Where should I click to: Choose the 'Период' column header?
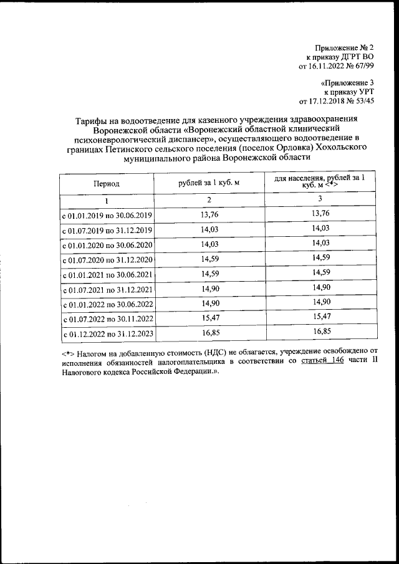(107, 184)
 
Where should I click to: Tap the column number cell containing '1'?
(107, 200)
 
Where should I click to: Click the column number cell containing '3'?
(320, 199)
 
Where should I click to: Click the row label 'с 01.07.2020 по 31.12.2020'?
(107, 260)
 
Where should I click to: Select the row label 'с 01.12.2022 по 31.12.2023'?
(107, 335)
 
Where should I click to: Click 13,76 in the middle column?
(209, 215)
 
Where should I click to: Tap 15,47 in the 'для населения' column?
(320, 318)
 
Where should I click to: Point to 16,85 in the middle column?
(209, 333)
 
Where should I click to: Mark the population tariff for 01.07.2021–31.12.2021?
(320, 289)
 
